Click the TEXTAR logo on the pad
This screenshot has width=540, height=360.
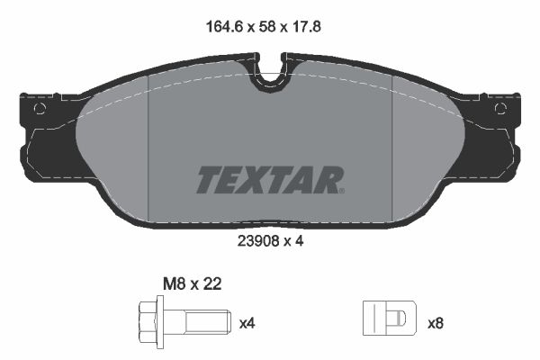point(269,180)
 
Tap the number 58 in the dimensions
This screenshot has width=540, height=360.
point(268,28)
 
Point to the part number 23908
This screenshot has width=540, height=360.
point(256,240)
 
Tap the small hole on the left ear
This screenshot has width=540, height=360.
point(40,109)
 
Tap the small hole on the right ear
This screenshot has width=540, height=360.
point(500,109)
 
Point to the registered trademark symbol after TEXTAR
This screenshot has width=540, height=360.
point(340,191)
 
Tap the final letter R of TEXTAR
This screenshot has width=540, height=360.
point(326,180)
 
